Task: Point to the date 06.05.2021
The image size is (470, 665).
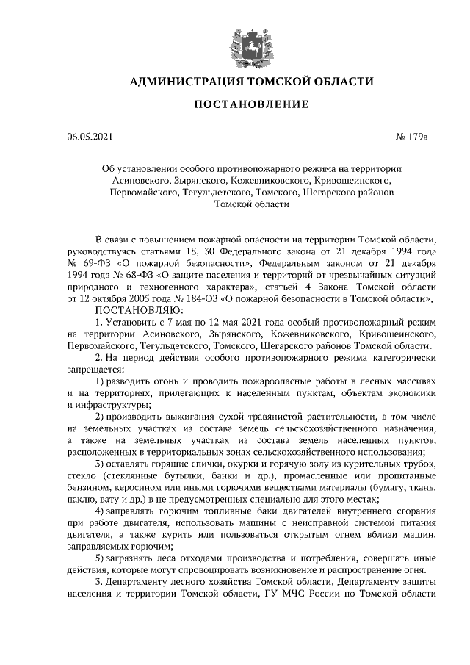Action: (90, 137)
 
